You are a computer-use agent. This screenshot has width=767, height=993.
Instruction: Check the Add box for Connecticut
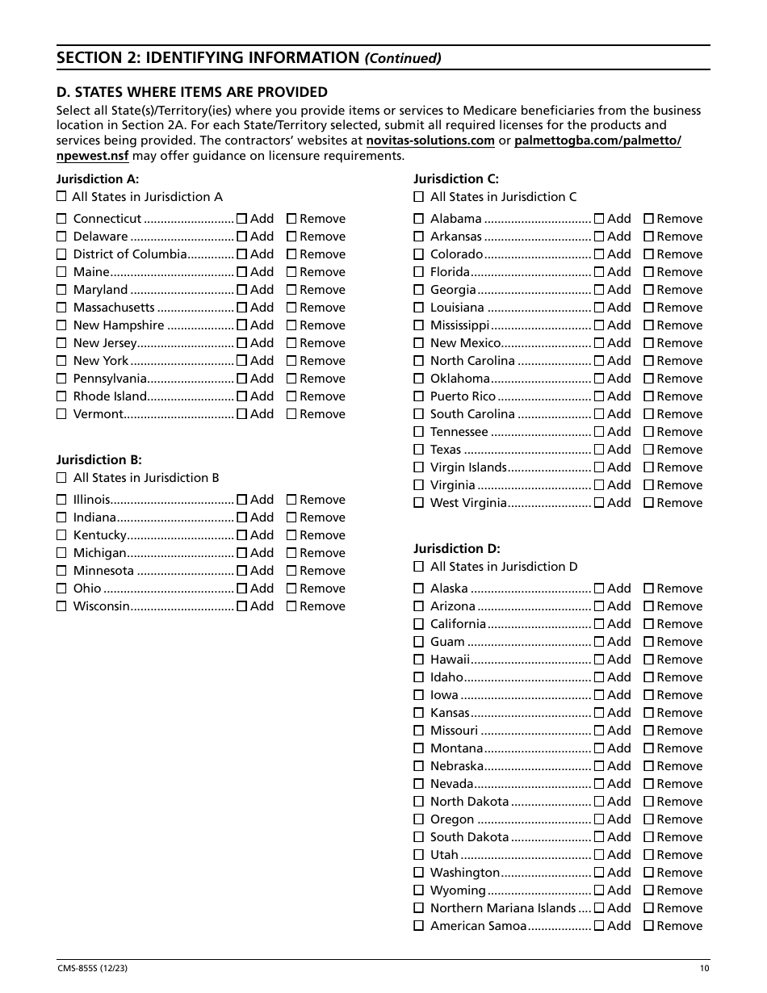click(x=241, y=219)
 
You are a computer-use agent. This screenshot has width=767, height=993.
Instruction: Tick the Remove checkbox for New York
click(x=291, y=361)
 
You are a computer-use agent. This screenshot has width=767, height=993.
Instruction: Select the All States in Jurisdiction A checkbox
click(x=61, y=196)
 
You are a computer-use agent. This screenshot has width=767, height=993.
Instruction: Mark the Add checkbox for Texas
click(x=599, y=450)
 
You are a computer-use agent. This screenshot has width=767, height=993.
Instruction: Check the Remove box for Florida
click(x=648, y=272)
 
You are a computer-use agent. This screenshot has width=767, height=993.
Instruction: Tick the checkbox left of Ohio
click(x=61, y=589)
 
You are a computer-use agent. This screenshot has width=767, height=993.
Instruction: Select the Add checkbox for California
click(x=599, y=624)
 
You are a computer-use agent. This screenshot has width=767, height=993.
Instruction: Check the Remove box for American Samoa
click(x=648, y=926)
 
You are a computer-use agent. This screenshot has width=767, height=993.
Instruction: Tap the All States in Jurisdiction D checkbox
click(x=418, y=566)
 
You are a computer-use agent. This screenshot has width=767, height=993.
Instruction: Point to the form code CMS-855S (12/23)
click(x=91, y=970)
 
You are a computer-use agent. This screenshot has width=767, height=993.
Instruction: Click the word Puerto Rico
click(x=463, y=396)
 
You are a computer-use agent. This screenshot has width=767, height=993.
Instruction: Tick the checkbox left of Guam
click(x=418, y=642)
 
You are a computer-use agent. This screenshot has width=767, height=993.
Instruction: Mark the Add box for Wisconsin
click(x=241, y=606)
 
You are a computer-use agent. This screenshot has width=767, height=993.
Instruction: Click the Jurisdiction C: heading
click(x=456, y=179)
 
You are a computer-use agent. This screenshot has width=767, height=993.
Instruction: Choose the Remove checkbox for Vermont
click(x=291, y=414)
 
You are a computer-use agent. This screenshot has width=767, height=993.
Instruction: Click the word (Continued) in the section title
click(x=404, y=58)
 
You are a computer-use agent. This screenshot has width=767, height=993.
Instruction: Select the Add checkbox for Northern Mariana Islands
click(x=599, y=908)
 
